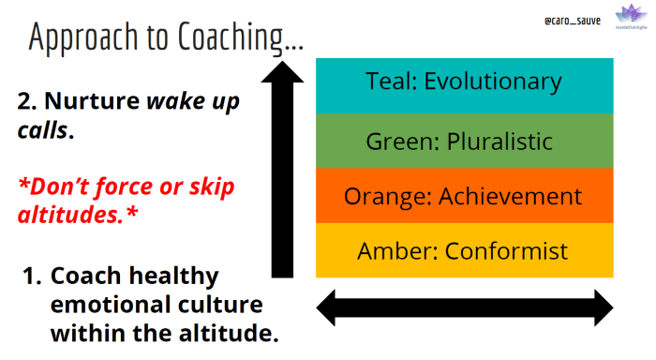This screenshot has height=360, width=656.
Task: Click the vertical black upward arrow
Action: [282, 169]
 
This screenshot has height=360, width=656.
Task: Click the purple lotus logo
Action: [627, 16]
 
